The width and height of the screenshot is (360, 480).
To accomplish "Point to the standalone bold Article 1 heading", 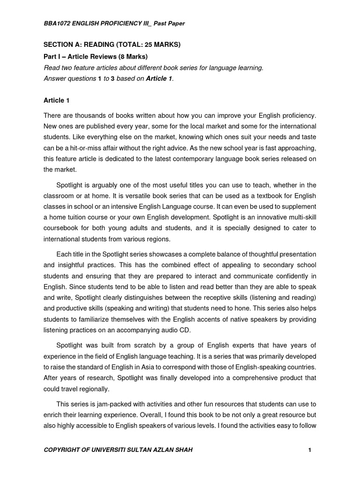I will pyautogui.click(x=56, y=100).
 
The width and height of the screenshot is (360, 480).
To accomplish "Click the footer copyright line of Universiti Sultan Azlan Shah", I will pyautogui.click(x=118, y=450).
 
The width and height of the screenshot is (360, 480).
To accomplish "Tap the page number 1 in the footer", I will pyautogui.click(x=310, y=450).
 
